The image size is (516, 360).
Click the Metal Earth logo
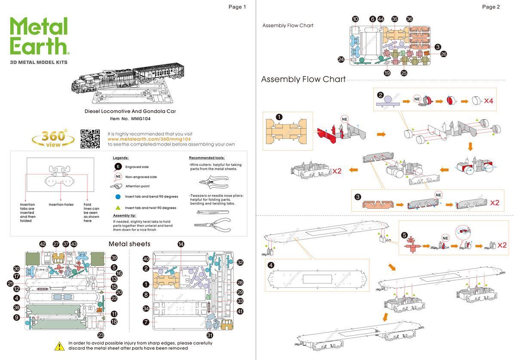tap(39, 37)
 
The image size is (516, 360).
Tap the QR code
tap(90, 139)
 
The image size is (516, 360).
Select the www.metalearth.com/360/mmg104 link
tap(149, 139)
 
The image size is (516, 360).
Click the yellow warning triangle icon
tap(59, 345)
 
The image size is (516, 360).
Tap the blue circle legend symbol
tap(118, 196)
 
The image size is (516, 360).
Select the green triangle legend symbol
tap(118, 207)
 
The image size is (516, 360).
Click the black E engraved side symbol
tap(118, 167)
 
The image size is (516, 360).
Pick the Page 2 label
tap(491, 7)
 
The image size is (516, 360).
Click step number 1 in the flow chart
tap(279, 117)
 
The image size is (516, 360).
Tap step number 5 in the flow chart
tap(404, 235)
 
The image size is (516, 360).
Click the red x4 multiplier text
tap(488, 101)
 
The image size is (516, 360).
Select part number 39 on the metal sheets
tap(114, 258)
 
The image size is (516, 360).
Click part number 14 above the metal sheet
tap(181, 244)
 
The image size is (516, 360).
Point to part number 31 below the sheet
tap(210, 335)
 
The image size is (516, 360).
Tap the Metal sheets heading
tap(129, 244)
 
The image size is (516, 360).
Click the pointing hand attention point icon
tap(116, 186)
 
